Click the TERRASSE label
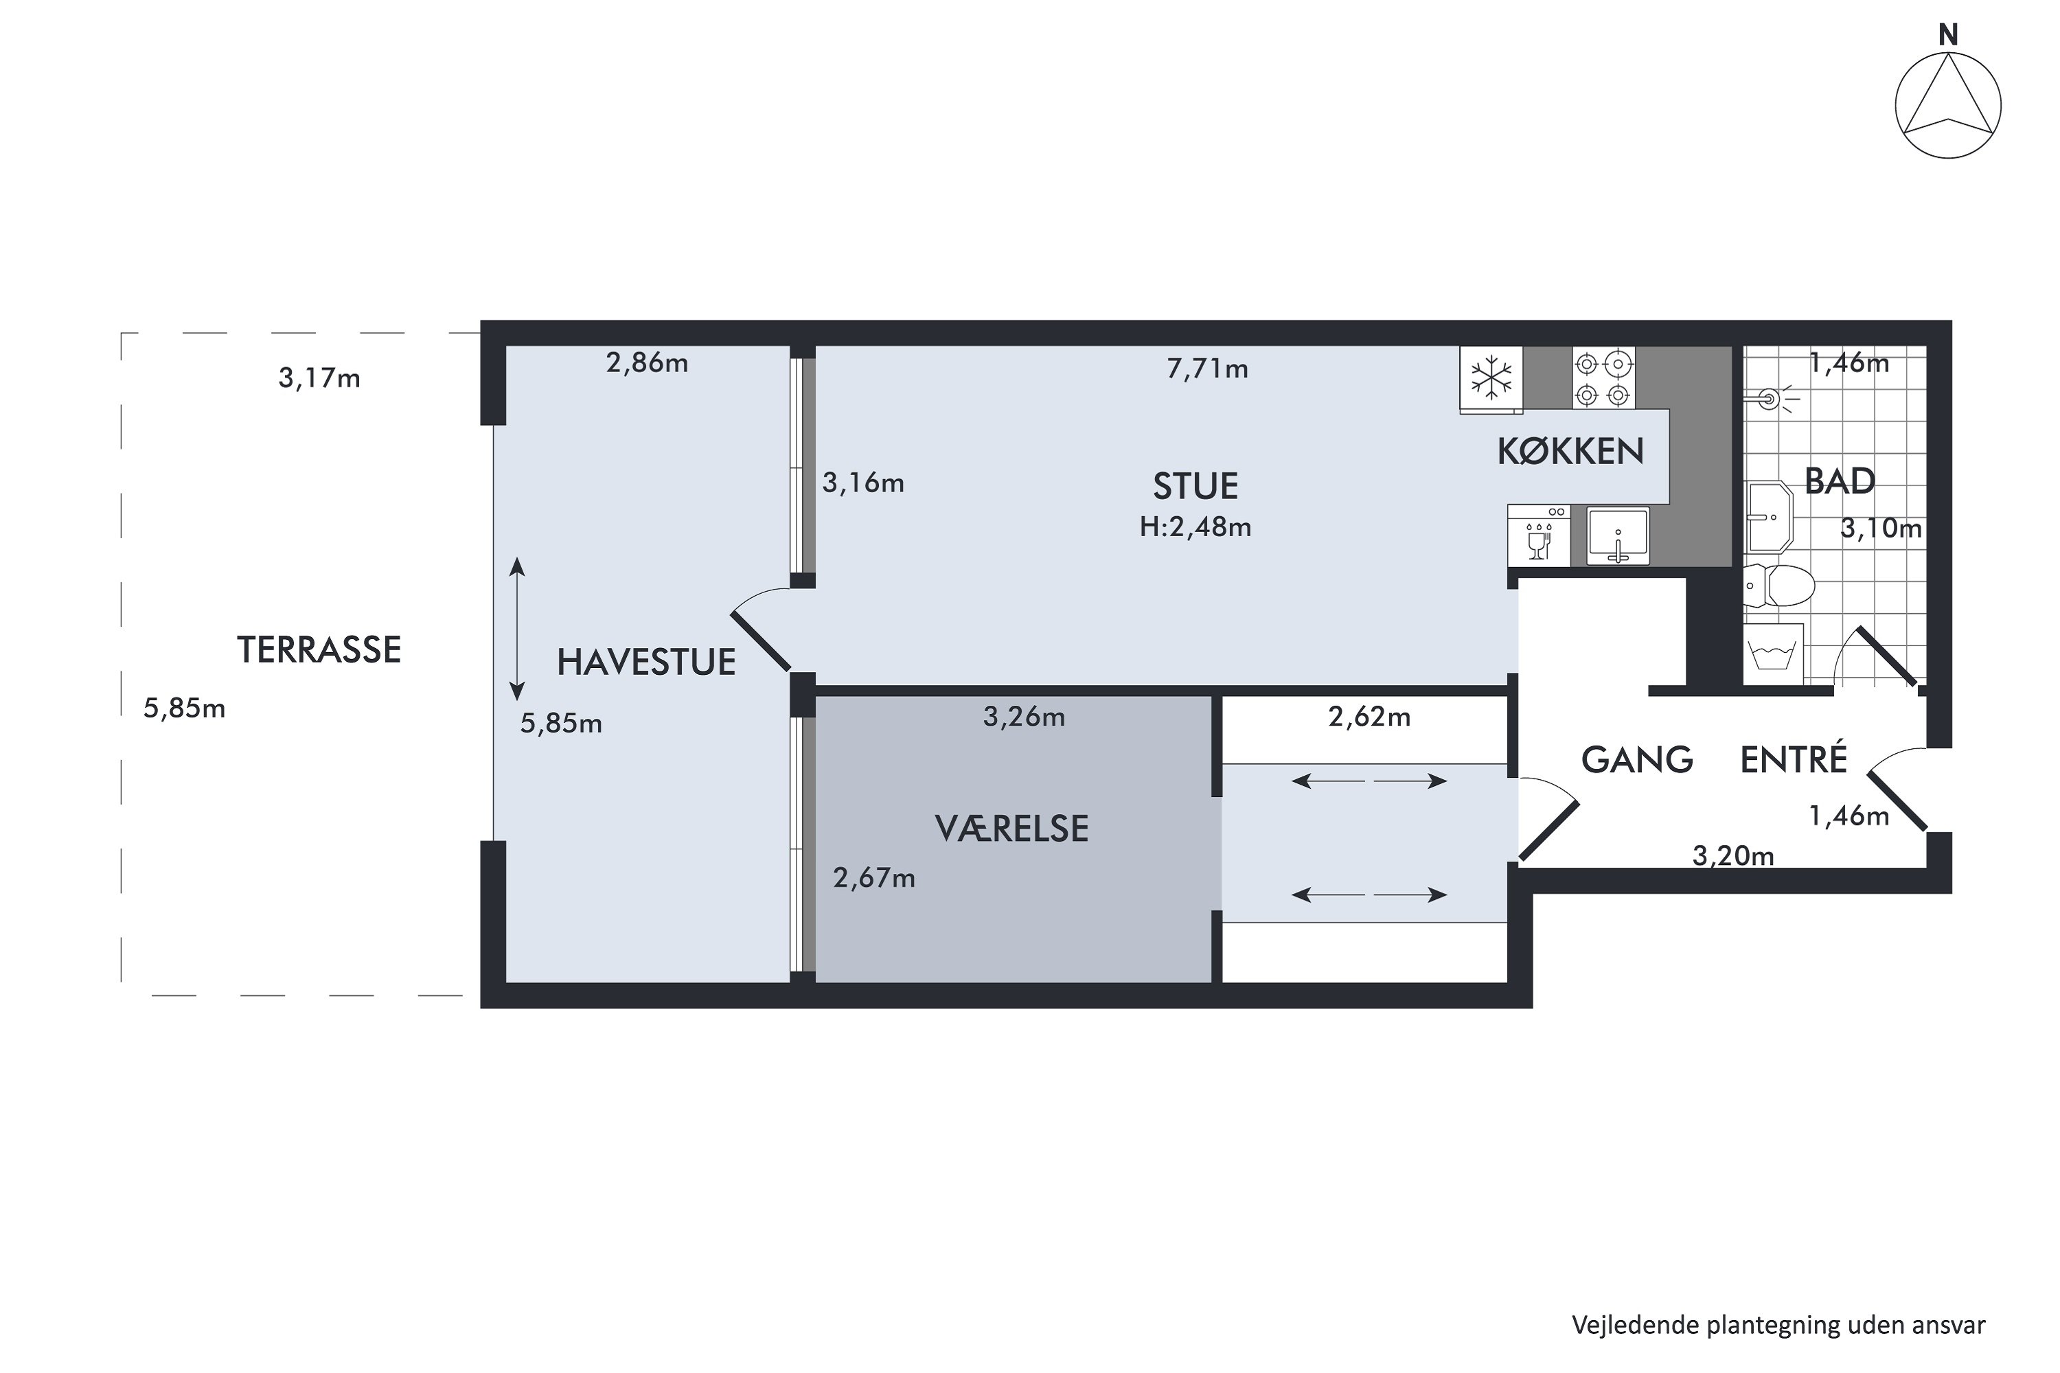point(319,649)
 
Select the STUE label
point(1195,486)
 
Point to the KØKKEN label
point(1570,452)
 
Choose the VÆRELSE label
point(1011,829)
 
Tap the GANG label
point(1636,759)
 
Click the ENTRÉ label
point(1793,759)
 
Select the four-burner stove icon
point(1603,378)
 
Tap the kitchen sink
point(1618,536)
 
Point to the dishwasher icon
point(1539,536)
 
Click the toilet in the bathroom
point(1778,586)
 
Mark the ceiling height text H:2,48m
point(1195,527)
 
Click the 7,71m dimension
point(1207,369)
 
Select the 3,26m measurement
point(1024,717)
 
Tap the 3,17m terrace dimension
point(319,378)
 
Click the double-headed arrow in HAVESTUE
point(518,629)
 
